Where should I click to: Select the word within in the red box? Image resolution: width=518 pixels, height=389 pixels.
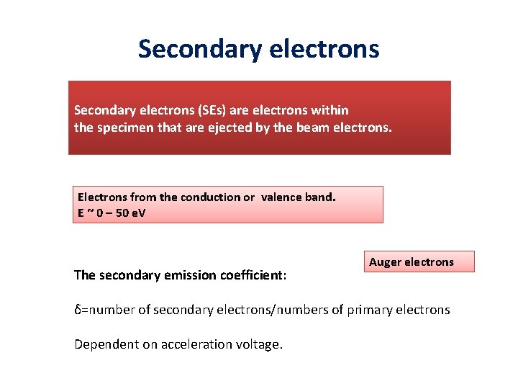pyautogui.click(x=330, y=110)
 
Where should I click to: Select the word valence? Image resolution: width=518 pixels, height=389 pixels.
pyautogui.click(x=282, y=197)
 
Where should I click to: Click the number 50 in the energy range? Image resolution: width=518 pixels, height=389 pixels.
pyautogui.click(x=120, y=213)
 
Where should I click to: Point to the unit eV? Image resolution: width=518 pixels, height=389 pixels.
pyautogui.click(x=137, y=213)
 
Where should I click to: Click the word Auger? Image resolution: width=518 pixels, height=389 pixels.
pyautogui.click(x=385, y=261)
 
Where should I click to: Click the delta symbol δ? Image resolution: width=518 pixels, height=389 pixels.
pyautogui.click(x=78, y=310)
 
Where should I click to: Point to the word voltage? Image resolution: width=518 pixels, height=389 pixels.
pyautogui.click(x=257, y=345)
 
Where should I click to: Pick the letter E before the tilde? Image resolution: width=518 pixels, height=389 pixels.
pyautogui.click(x=81, y=213)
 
